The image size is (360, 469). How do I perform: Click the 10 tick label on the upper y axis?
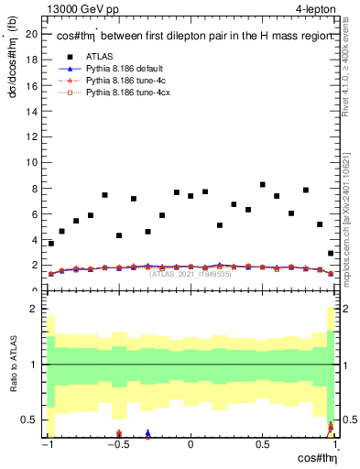click(x=34, y=162)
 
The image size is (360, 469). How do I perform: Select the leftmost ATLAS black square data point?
click(x=51, y=244)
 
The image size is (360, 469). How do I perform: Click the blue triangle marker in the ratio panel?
click(x=147, y=434)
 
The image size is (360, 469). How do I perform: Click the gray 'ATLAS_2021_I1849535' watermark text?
click(x=191, y=274)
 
